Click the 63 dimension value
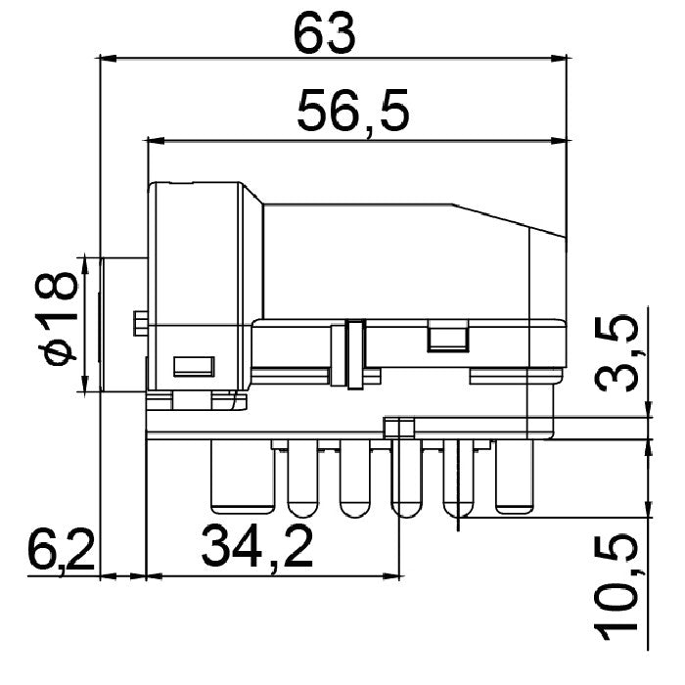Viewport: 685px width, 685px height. [x=325, y=34]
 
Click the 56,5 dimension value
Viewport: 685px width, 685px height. [x=353, y=112]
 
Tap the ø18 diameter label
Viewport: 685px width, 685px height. [x=57, y=318]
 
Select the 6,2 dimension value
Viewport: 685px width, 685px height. [x=61, y=551]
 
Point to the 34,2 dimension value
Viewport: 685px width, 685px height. [x=257, y=547]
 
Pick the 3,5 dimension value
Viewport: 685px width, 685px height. [x=616, y=352]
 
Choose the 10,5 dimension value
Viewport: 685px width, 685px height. [x=616, y=587]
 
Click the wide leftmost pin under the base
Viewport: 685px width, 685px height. [x=243, y=477]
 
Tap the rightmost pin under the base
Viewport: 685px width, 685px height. [x=515, y=477]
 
